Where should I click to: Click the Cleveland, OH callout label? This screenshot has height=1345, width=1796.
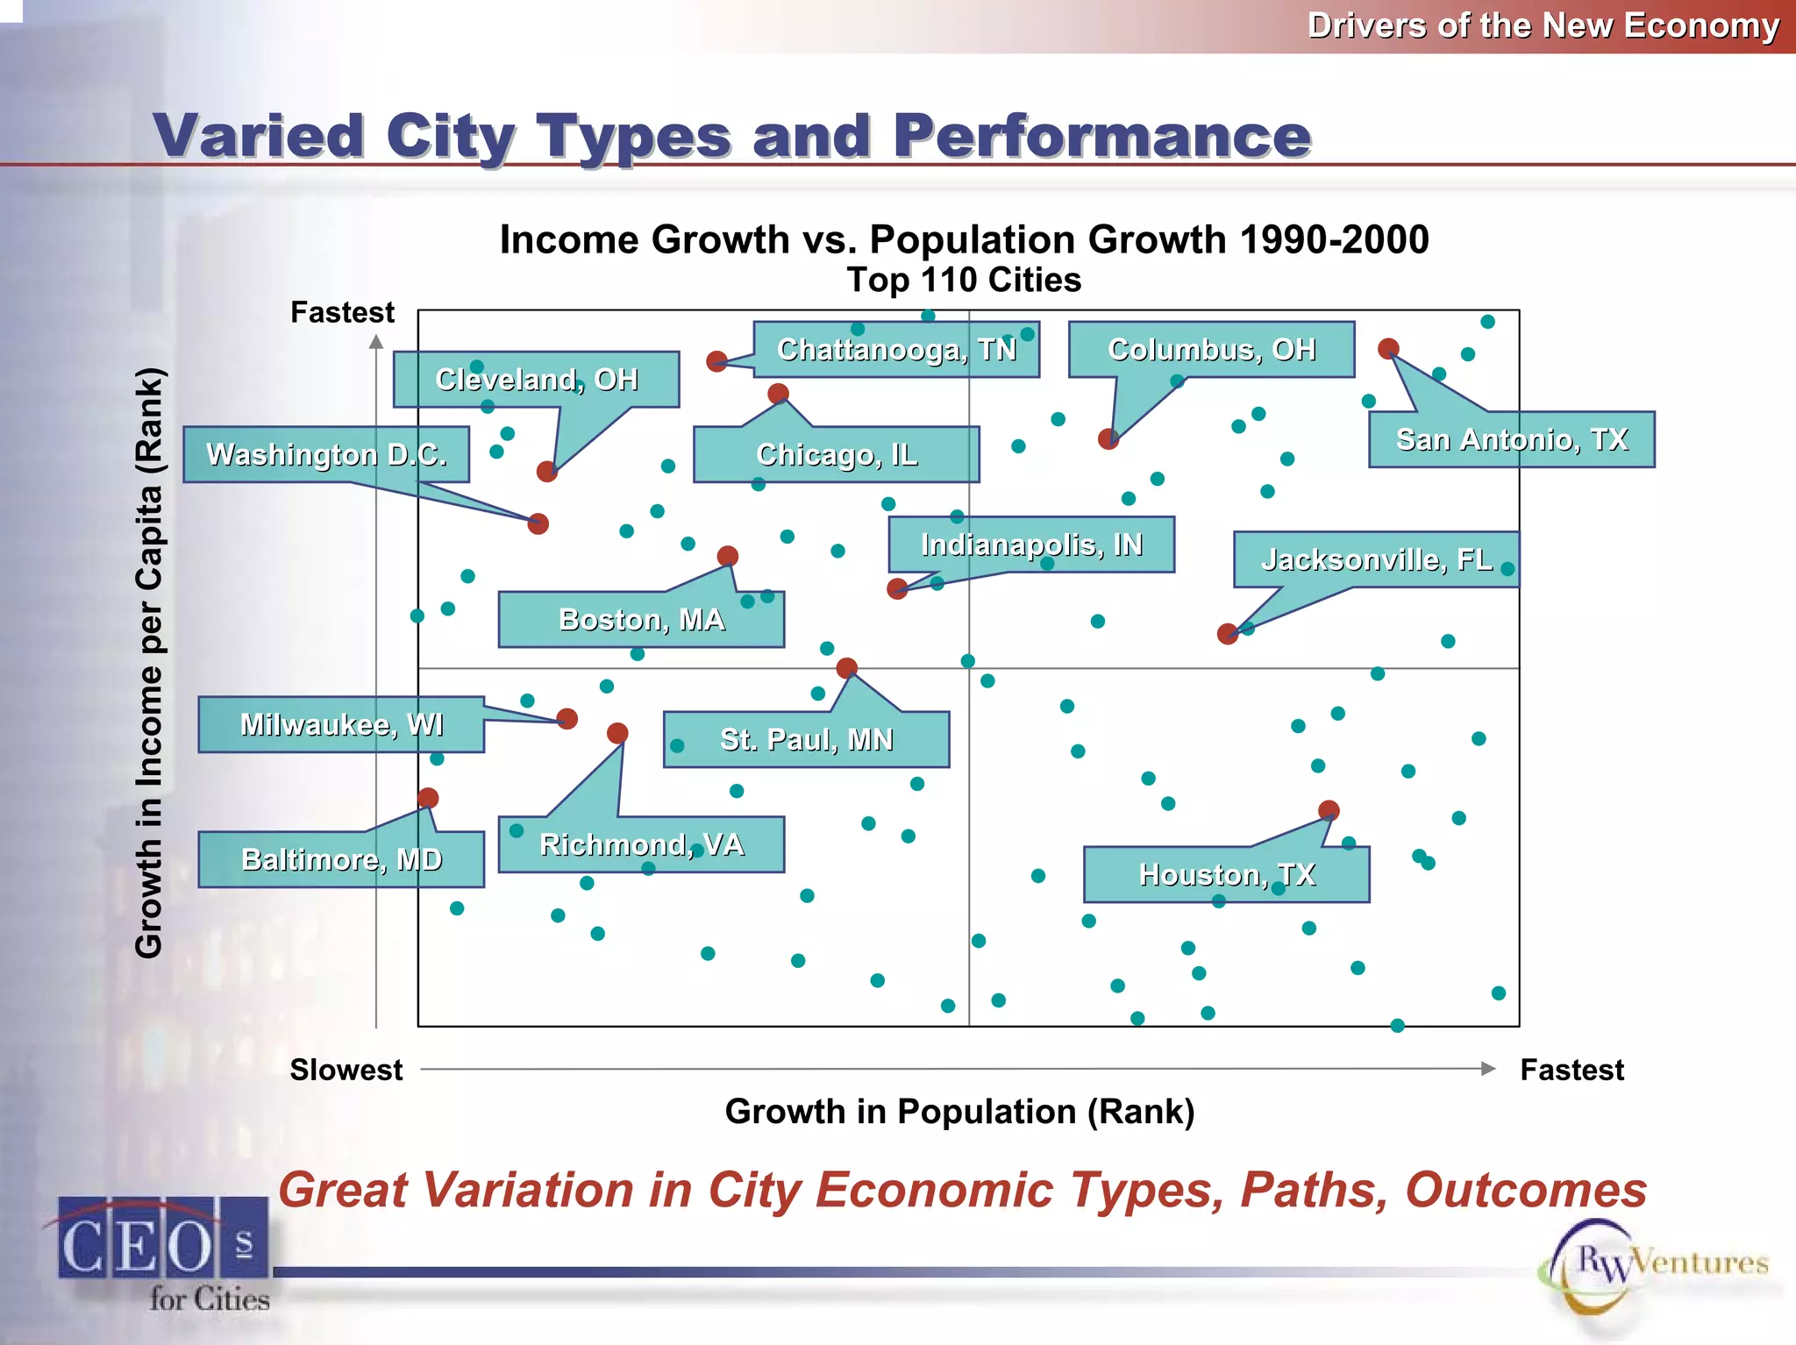coord(536,380)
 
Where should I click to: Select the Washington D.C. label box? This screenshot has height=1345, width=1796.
coord(326,454)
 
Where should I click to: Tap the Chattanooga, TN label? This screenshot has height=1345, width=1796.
coord(896,350)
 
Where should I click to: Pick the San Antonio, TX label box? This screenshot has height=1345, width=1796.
coord(1511,439)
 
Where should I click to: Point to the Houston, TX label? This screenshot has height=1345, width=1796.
coord(1226,874)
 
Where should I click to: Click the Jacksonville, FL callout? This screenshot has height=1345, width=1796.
coord(1375,559)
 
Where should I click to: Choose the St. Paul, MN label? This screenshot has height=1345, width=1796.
coord(806,739)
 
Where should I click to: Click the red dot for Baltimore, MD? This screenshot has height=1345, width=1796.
coord(428,798)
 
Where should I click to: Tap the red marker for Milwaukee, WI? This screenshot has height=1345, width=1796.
coord(567,719)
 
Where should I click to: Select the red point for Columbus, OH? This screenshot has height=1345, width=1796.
coord(1108,439)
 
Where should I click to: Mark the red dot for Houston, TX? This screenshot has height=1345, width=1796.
coord(1329,810)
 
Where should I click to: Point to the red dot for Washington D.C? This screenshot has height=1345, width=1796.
coord(538,524)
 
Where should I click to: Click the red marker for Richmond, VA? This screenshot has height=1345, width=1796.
coord(617,733)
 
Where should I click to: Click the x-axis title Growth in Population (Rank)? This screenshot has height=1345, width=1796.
coord(959,1112)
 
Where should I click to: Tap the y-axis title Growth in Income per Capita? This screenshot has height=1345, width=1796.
coord(149,663)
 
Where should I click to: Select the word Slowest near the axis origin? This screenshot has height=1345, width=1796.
coord(346,1070)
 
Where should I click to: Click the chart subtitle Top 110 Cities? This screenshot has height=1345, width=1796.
coord(964,281)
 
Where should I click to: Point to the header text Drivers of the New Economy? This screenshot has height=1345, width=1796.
coord(1543,25)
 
